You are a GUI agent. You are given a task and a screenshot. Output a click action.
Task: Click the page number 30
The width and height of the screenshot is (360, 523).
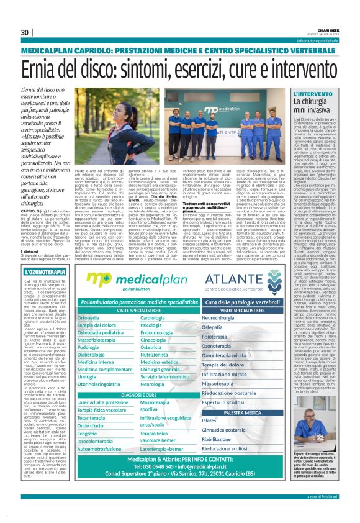pyautogui.click(x=25, y=33)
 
